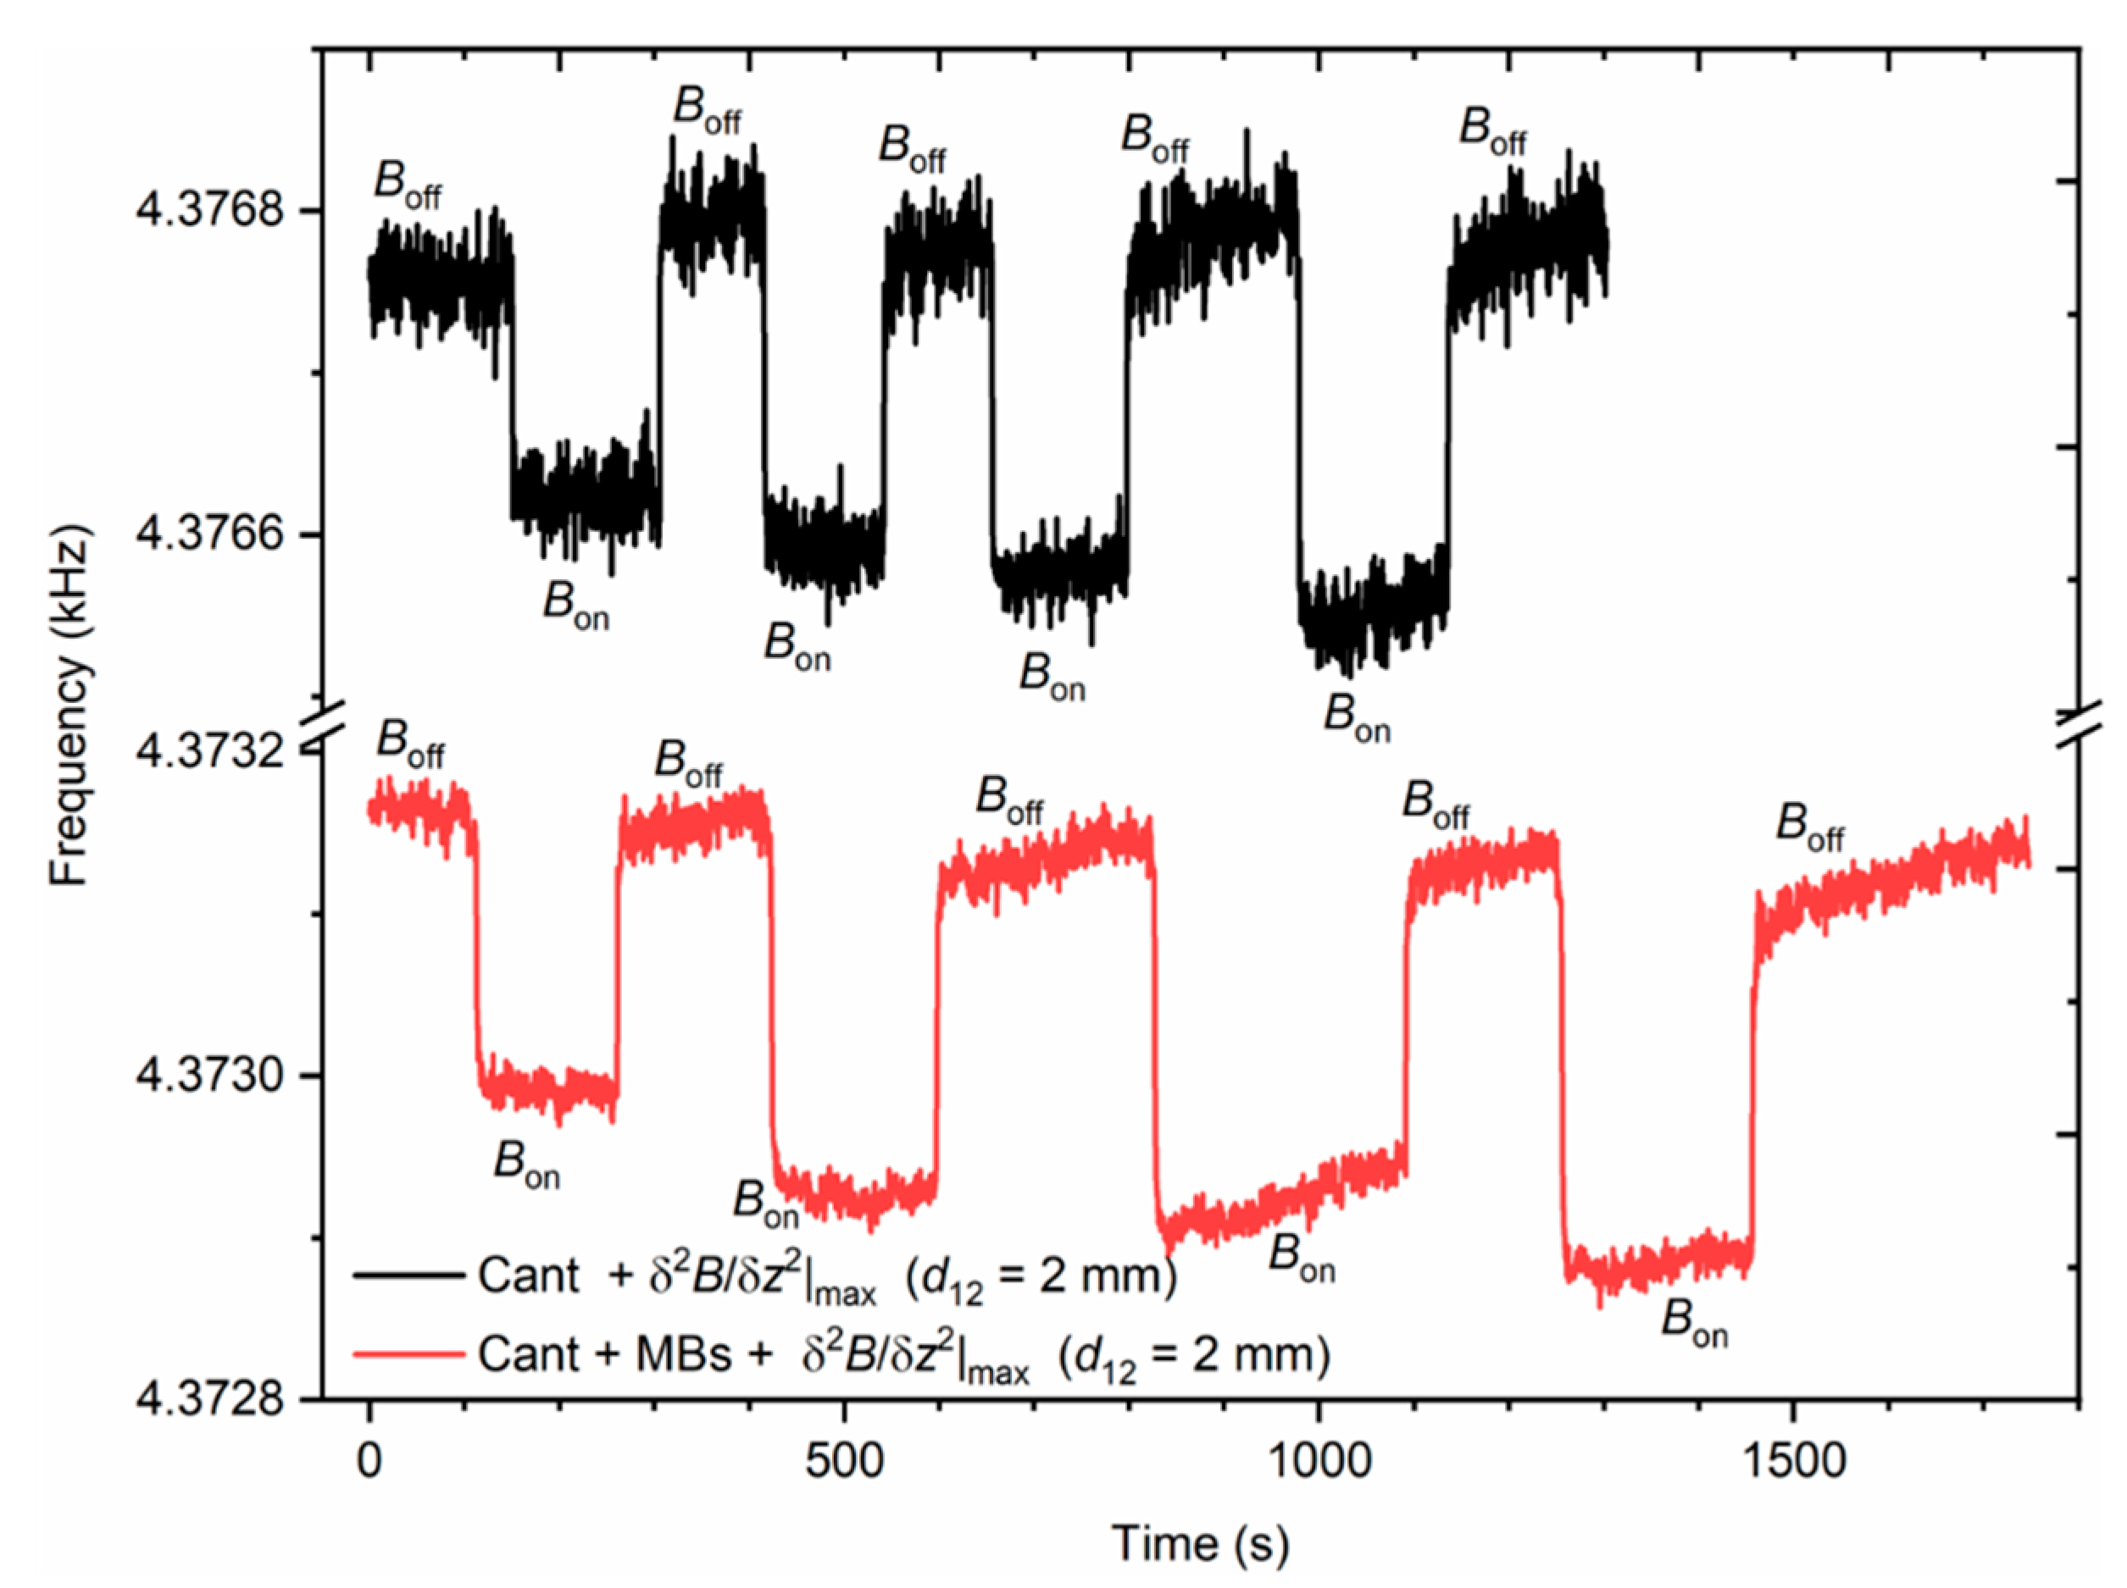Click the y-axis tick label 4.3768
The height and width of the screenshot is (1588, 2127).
[x=211, y=208]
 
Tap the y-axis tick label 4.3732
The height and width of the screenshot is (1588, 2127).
[x=211, y=750]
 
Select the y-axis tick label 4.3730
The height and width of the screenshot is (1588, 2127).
[x=211, y=1075]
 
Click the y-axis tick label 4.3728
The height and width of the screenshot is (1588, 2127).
[x=211, y=1398]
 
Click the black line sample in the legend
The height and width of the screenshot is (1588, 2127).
[x=408, y=1275]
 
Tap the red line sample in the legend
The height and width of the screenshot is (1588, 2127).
[x=408, y=1354]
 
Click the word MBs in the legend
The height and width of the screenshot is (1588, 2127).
[x=684, y=1354]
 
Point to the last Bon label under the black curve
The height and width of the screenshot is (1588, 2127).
[x=1356, y=717]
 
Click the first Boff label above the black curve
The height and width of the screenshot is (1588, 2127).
[x=407, y=184]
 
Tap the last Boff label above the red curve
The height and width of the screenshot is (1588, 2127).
[x=1808, y=827]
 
